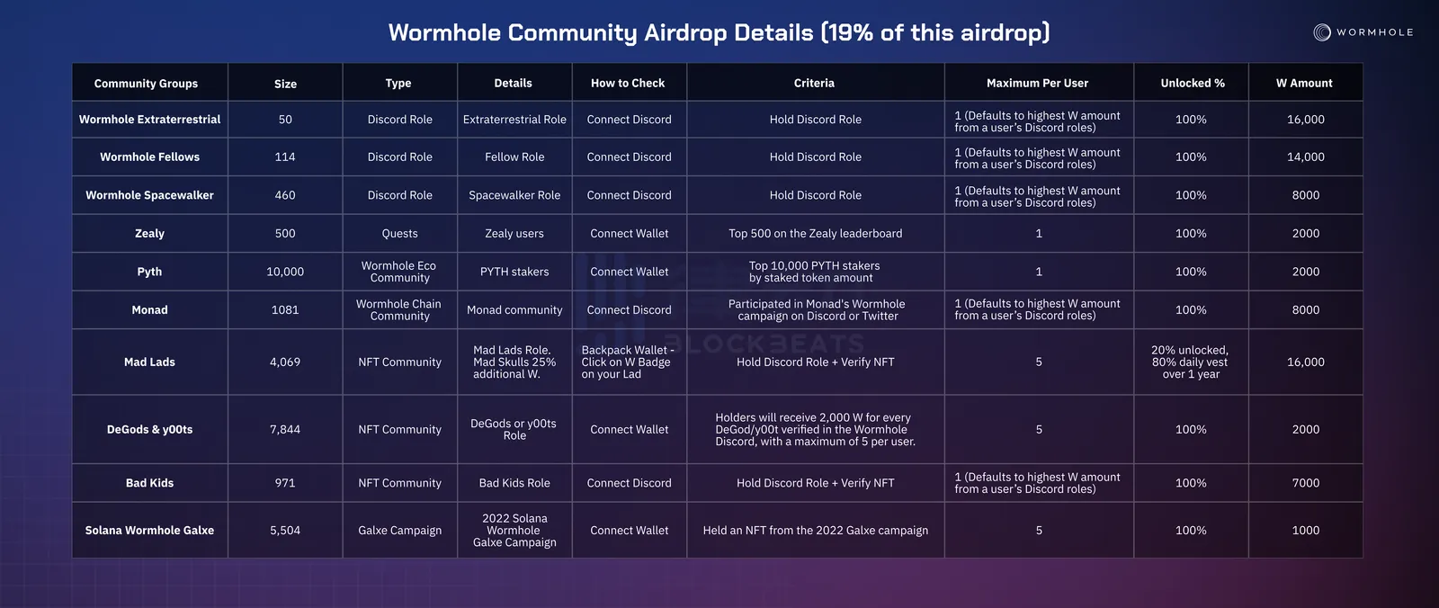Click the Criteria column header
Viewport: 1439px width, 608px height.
pos(814,83)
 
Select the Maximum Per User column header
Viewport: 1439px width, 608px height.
pos(1038,83)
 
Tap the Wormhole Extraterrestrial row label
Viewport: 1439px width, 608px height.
pos(149,120)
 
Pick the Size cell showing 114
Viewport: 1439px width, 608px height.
pos(285,156)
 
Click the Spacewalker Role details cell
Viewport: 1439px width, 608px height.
pos(514,195)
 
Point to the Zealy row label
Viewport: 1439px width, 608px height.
pos(149,233)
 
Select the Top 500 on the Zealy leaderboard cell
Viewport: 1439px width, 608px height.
pos(815,233)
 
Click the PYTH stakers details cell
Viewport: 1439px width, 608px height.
pos(514,272)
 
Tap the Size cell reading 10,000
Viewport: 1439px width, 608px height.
pos(285,272)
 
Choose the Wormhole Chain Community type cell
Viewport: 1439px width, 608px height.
pos(399,309)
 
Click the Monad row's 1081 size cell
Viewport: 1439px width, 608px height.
pos(285,309)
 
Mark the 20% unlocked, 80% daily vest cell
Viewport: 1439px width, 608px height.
pos(1191,362)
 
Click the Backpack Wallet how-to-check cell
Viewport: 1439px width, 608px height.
pos(628,362)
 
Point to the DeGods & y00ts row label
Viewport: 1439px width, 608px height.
pos(149,429)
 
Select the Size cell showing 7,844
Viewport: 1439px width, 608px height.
pos(285,429)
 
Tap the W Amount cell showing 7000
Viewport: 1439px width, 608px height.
pos(1306,483)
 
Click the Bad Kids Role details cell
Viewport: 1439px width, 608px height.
pos(514,483)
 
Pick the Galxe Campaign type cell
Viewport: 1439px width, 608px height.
pos(399,531)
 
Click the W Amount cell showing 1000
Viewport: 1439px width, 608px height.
pos(1306,531)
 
